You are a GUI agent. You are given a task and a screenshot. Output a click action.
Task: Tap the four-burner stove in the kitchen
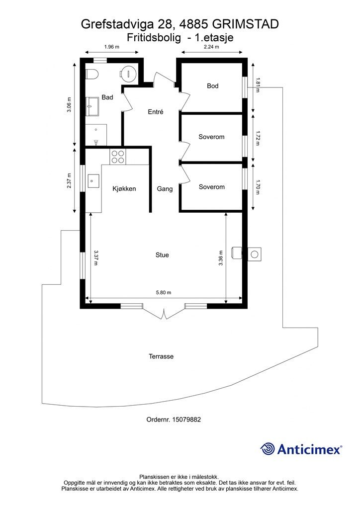[118, 157]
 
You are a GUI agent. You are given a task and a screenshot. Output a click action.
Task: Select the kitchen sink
[93, 181]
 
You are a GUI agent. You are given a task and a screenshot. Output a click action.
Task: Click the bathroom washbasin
[92, 103]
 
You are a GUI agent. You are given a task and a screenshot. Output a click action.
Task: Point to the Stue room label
[162, 255]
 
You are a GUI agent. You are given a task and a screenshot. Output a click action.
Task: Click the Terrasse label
[161, 356]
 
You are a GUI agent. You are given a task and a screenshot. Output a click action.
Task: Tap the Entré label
[156, 112]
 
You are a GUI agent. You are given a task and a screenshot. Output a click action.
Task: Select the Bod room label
[213, 86]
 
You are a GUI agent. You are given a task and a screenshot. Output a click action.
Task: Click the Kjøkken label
[124, 189]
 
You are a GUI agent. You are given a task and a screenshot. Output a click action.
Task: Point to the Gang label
[165, 189]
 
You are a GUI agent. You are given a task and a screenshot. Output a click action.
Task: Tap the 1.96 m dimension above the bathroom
[112, 47]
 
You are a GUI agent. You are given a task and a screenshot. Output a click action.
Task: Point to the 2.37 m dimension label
[70, 180]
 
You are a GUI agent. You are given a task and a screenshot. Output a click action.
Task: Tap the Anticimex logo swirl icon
[268, 449]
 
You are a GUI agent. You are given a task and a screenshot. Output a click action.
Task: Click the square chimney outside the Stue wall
[255, 254]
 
